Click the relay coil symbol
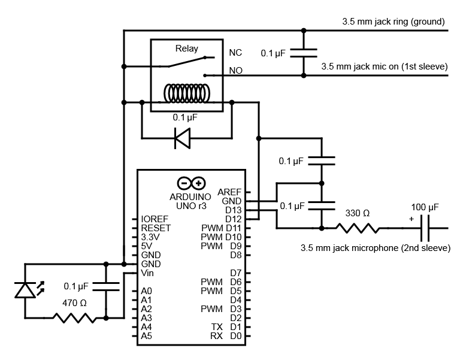[186, 93]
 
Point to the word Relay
[186, 49]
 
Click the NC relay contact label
[235, 53]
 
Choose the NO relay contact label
[235, 71]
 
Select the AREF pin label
[229, 192]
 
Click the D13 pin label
[232, 210]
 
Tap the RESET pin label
[156, 228]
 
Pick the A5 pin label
[146, 336]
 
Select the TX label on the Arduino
[217, 327]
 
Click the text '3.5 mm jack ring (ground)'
[393, 22]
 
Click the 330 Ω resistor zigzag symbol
[358, 228]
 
